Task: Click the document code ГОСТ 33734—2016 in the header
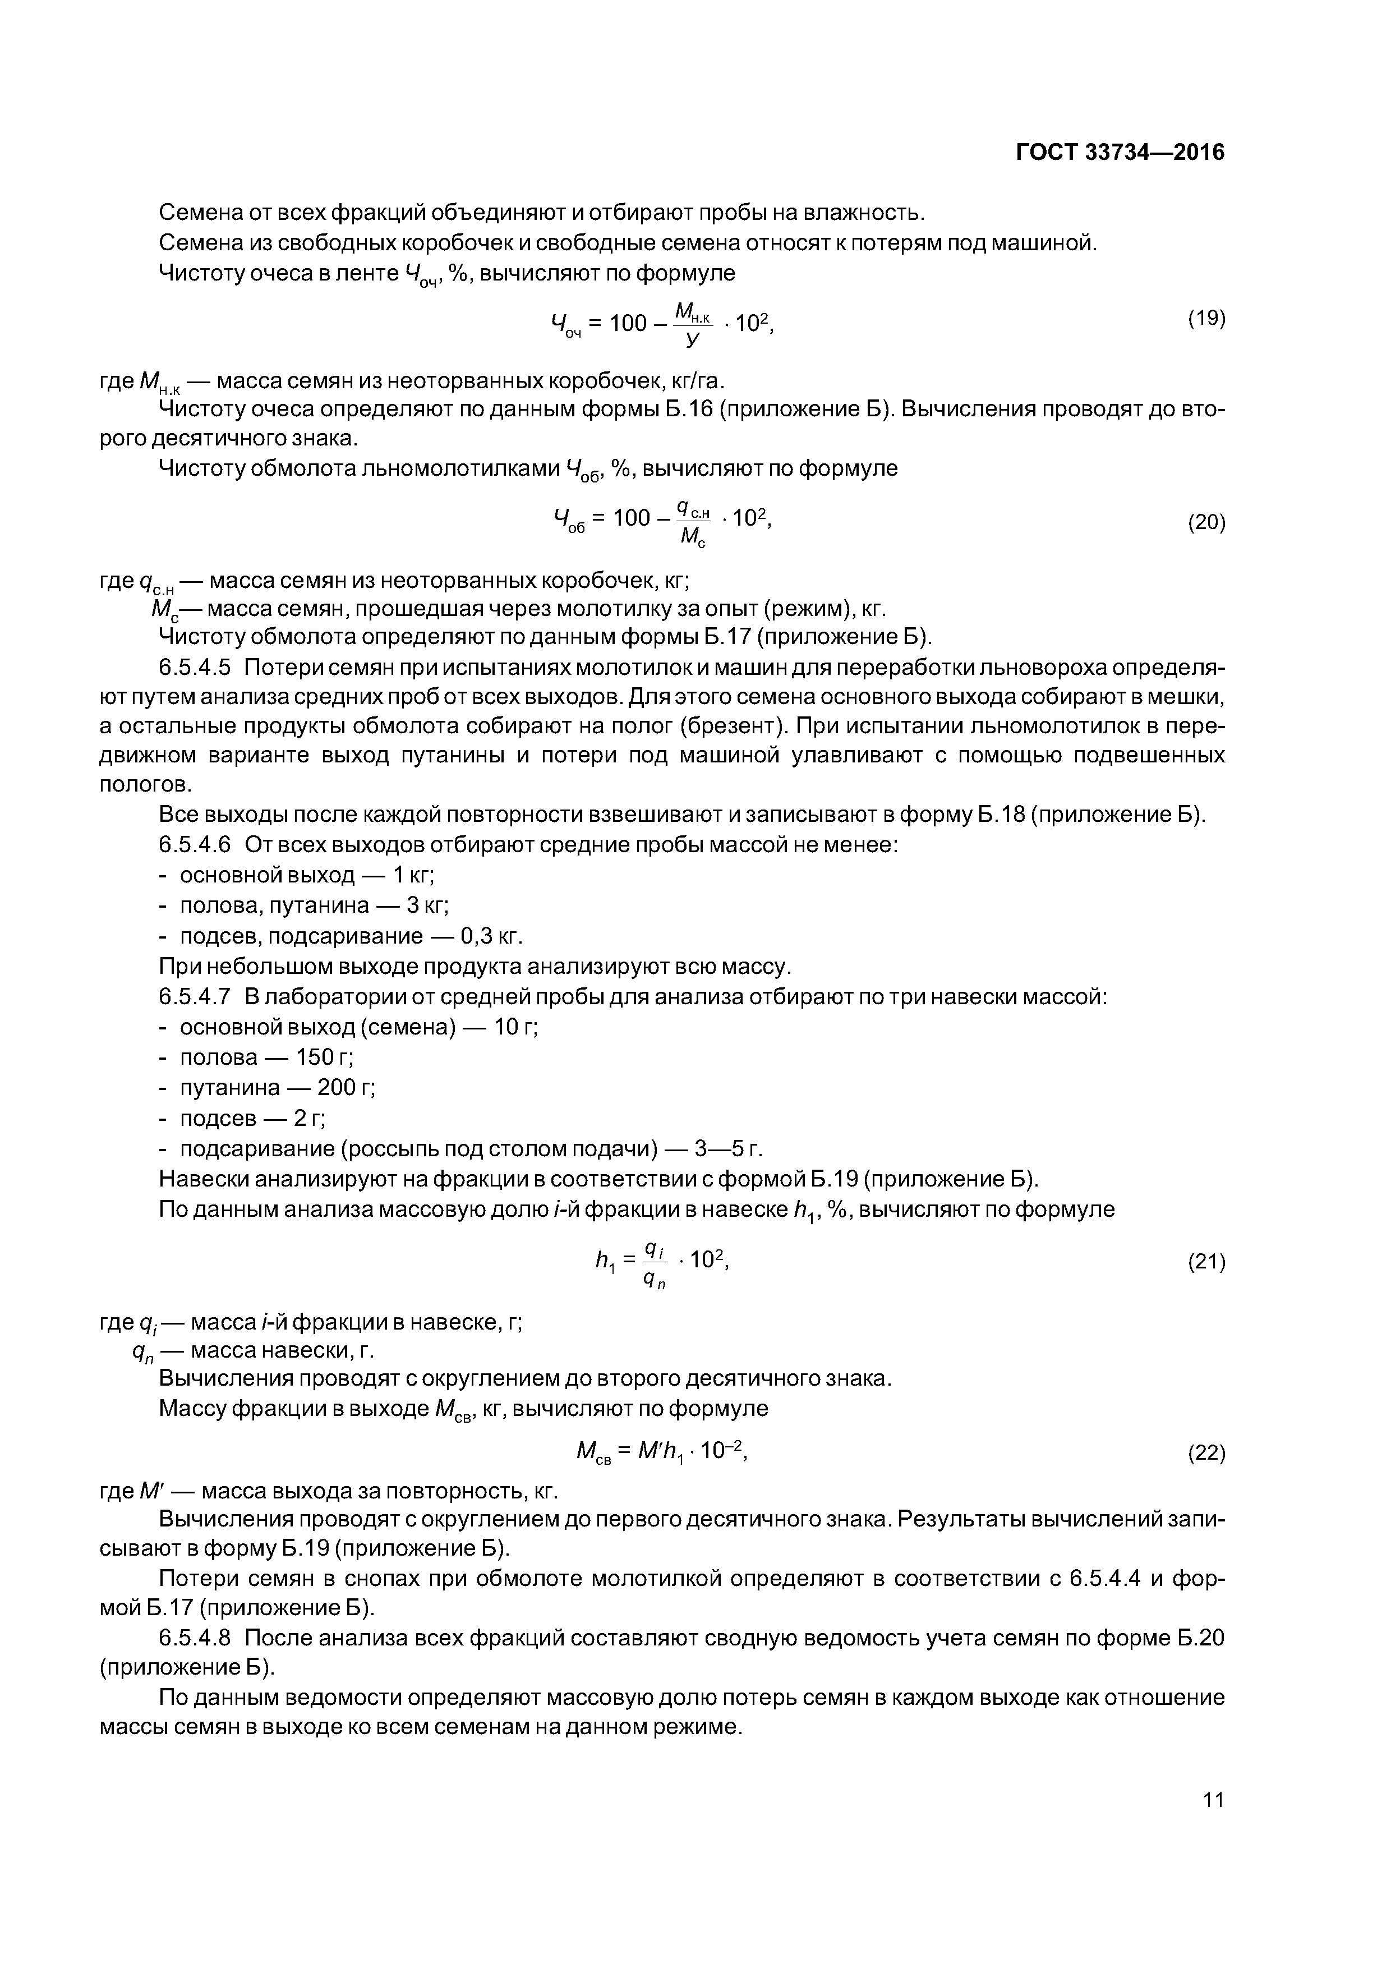tap(1120, 153)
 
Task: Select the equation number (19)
tap(1206, 319)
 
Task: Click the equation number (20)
tap(1206, 522)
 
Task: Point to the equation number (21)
tap(1206, 1261)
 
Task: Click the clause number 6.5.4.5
tap(195, 667)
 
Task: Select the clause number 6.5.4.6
tap(195, 844)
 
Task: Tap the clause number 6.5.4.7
tap(195, 997)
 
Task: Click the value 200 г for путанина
tap(346, 1088)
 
